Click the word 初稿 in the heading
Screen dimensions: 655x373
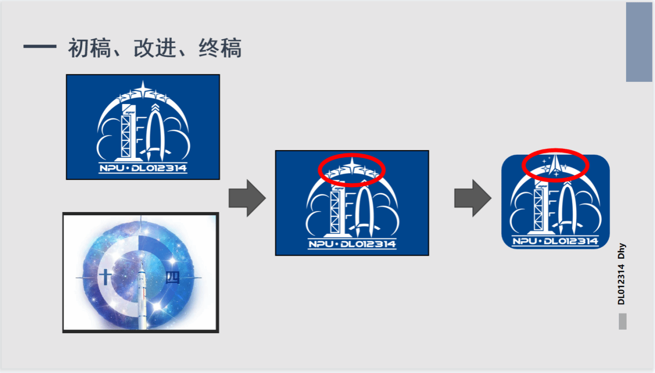90,48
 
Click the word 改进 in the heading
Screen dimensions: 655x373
155,48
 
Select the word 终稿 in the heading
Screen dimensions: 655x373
220,48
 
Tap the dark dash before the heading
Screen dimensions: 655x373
40,46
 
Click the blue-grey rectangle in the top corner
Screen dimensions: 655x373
639,42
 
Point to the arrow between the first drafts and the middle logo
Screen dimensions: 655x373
247,198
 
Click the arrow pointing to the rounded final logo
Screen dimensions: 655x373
473,198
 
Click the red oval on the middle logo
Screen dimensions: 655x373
352,170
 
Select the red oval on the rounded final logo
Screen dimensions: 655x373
556,165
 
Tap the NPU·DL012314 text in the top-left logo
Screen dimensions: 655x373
143,168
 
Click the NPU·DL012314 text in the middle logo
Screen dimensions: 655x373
352,244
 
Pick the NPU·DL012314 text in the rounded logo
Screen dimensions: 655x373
556,241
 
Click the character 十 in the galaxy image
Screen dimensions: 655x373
105,277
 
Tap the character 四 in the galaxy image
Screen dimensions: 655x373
172,277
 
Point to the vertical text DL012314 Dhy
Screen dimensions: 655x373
621,274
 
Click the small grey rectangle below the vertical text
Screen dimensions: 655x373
622,321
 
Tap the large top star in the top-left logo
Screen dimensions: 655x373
143,89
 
